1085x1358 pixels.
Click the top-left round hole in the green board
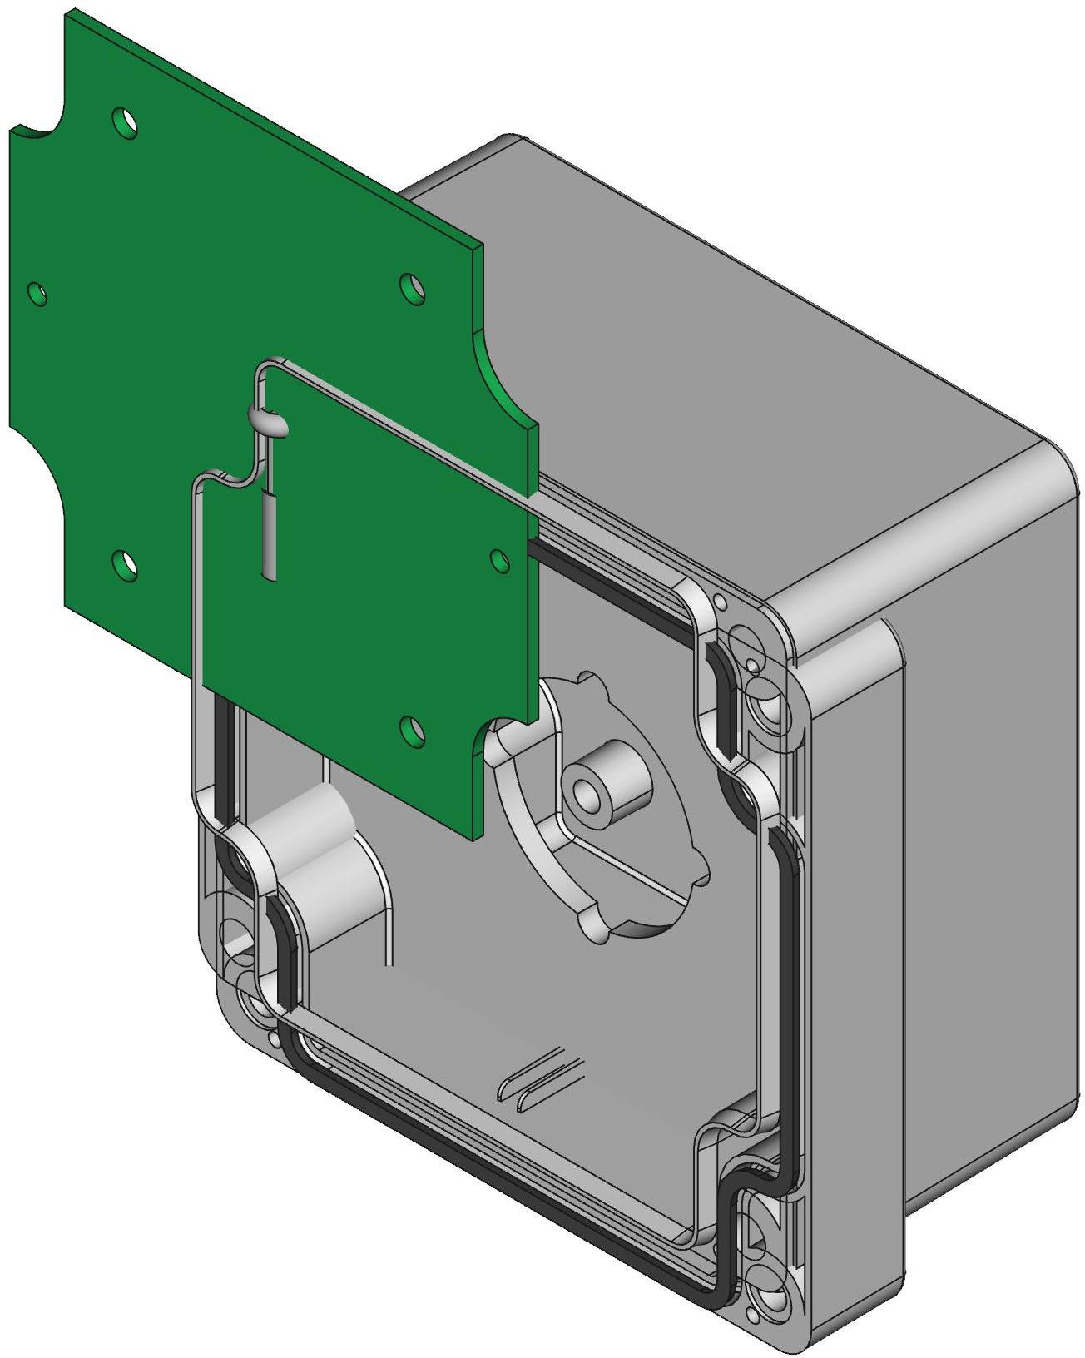[x=126, y=121]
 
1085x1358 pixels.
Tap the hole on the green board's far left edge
[x=37, y=293]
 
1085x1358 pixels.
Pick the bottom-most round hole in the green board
[x=411, y=729]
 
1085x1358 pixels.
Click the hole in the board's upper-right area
[x=411, y=288]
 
